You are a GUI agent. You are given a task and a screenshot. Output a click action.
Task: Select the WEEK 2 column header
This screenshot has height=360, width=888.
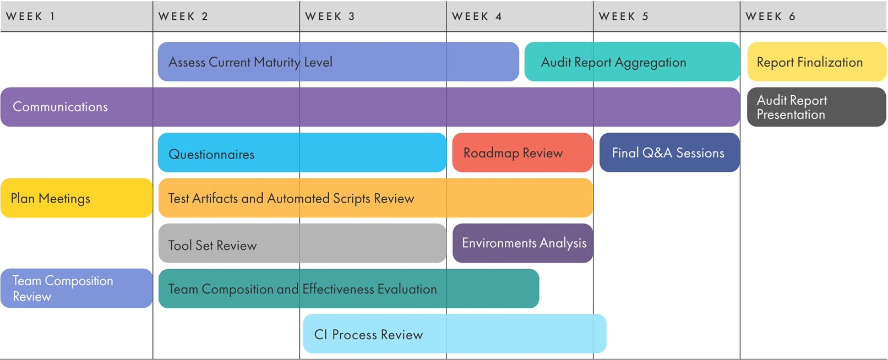click(183, 17)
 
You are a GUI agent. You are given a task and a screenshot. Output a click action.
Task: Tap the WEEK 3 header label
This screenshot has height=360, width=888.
click(330, 17)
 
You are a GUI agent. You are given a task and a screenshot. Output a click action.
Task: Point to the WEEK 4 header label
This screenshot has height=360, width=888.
click(477, 17)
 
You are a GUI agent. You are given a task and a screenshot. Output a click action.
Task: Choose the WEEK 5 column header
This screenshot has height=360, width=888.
click(624, 17)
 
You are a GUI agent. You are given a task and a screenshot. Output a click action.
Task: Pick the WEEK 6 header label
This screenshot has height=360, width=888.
click(771, 17)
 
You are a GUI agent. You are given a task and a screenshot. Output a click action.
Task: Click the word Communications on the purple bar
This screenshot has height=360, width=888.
click(60, 107)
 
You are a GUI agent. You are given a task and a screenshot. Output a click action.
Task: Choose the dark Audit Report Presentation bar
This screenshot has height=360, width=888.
click(816, 107)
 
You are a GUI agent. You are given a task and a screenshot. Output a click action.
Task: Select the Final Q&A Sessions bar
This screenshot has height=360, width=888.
click(669, 152)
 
